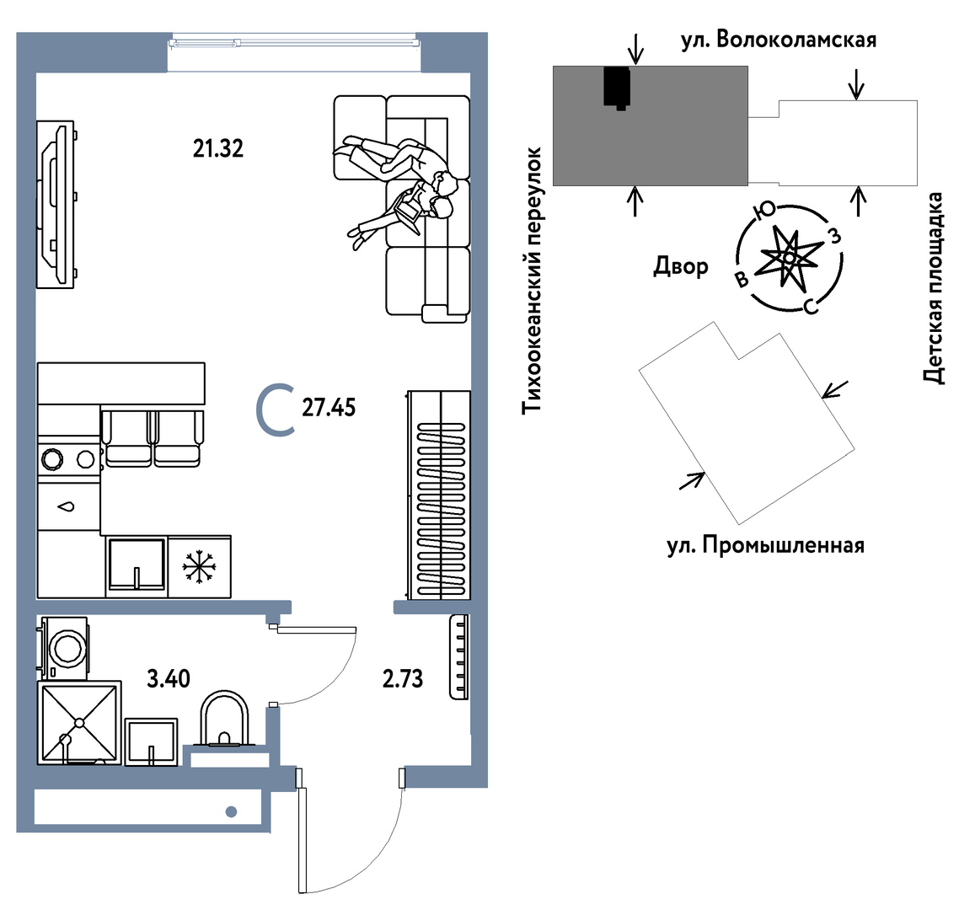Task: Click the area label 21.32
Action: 217,149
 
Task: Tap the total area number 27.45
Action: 329,408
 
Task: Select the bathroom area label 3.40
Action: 169,679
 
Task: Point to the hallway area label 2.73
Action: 402,679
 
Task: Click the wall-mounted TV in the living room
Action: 56,205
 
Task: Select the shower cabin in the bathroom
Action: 79,722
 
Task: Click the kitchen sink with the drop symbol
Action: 68,506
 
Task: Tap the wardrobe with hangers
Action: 438,494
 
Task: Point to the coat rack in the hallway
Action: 458,657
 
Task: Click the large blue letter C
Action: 275,409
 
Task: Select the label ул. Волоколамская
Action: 779,40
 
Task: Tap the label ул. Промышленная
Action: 765,546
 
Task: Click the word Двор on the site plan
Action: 681,266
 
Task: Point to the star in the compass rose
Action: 789,257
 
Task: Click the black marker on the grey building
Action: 618,88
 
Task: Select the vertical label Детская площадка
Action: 933,288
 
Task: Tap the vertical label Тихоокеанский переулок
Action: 533,281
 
